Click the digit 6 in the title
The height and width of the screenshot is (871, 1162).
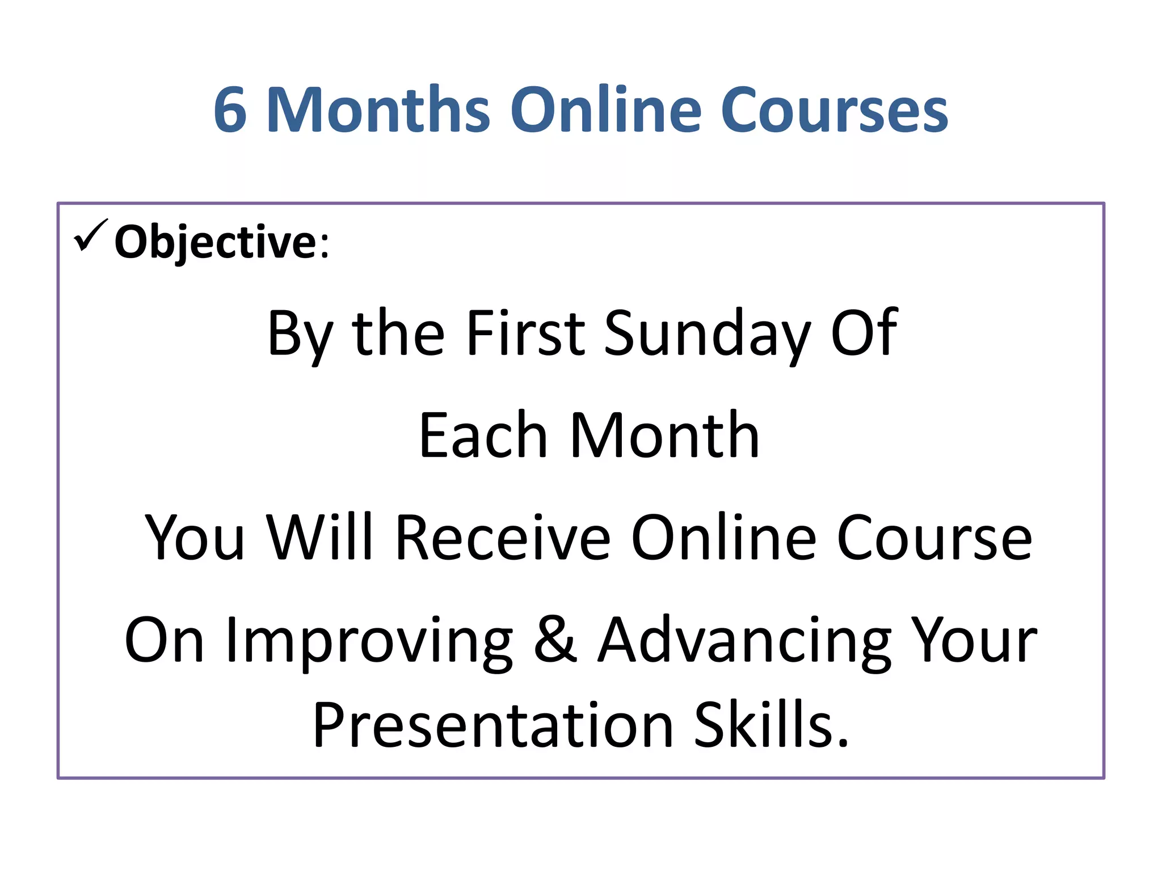tap(230, 110)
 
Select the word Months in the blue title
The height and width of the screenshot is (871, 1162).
tap(378, 110)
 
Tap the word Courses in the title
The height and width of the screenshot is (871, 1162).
tap(834, 110)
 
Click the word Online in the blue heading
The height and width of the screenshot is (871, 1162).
tap(606, 110)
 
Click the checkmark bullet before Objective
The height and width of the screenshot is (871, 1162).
tap(90, 235)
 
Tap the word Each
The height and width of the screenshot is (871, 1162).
tap(483, 435)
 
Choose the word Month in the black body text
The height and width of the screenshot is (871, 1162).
tap(664, 435)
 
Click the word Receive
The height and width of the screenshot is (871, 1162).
tap(503, 537)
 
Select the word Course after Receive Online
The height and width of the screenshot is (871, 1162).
tap(934, 537)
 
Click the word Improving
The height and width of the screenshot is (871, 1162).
tap(369, 641)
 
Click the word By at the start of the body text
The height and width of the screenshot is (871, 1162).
tap(300, 335)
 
